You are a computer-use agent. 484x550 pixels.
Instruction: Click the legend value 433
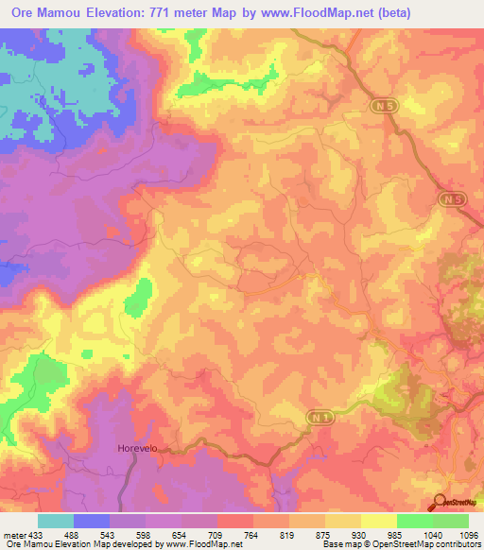click(36, 534)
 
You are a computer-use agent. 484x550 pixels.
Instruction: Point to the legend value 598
click(145, 534)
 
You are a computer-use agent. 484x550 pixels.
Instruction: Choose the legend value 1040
click(432, 534)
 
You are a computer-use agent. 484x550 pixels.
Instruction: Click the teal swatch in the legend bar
click(56, 521)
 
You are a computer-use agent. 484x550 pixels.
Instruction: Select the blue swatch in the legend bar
click(92, 521)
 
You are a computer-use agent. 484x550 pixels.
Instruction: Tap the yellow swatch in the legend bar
click(343, 521)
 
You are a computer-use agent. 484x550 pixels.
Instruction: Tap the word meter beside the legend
click(13, 534)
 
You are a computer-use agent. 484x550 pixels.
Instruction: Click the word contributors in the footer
click(452, 544)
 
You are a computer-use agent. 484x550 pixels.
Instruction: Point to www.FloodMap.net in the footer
click(199, 544)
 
